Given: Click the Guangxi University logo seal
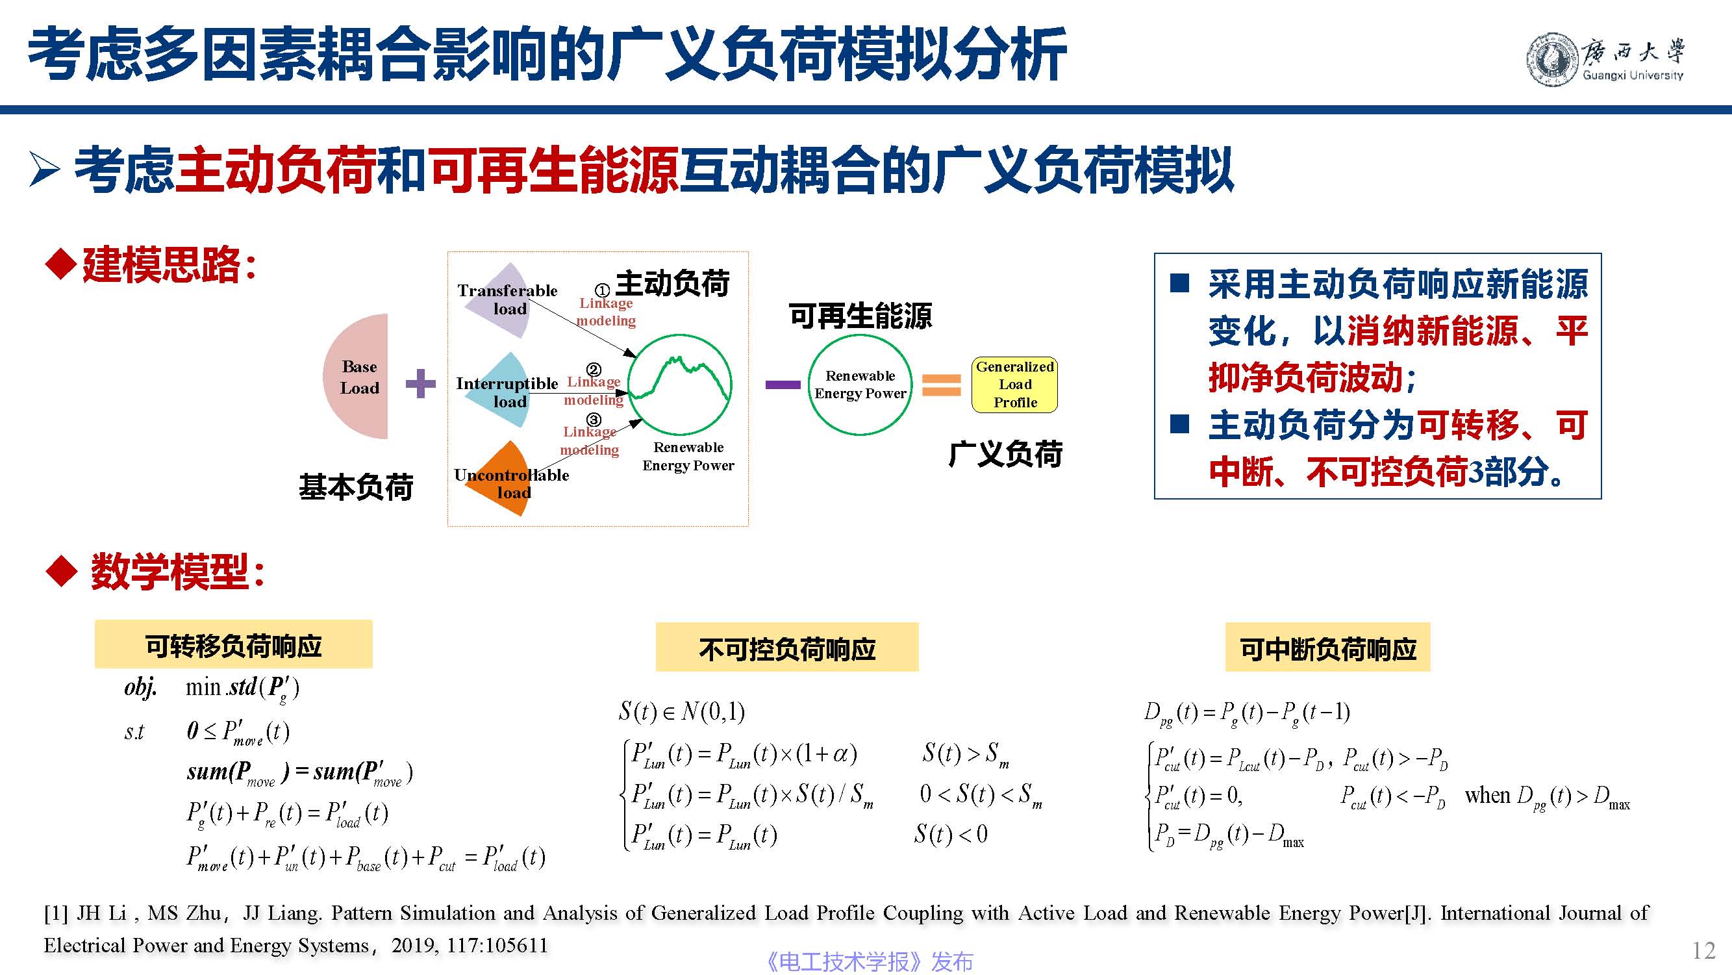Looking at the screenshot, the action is pyautogui.click(x=1553, y=60).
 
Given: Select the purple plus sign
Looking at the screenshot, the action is pyautogui.click(x=421, y=383).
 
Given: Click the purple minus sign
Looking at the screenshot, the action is pyautogui.click(x=783, y=385).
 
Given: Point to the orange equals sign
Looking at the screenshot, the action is pyautogui.click(x=941, y=385).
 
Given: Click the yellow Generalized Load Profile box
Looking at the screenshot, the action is pyautogui.click(x=1014, y=385).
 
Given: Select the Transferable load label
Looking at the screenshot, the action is pyautogui.click(x=508, y=299).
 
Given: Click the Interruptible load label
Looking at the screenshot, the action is pyautogui.click(x=507, y=392).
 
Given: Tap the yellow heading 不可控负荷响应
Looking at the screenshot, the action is pyautogui.click(x=786, y=647).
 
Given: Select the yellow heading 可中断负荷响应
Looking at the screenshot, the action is pyautogui.click(x=1327, y=647).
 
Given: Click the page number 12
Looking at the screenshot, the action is pyautogui.click(x=1703, y=951).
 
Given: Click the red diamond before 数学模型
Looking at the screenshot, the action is pyautogui.click(x=62, y=571).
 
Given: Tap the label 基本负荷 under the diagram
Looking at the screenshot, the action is pyautogui.click(x=356, y=486).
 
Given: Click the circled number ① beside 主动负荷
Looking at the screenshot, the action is pyautogui.click(x=603, y=290).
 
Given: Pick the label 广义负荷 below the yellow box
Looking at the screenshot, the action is pyautogui.click(x=1005, y=454).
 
